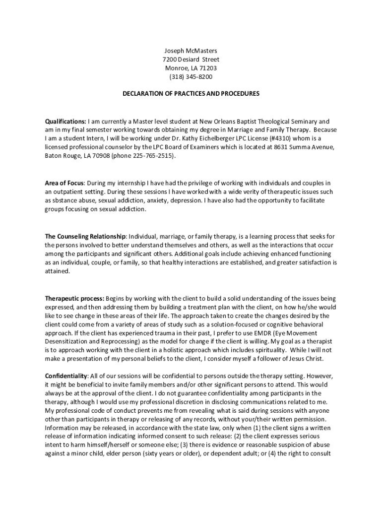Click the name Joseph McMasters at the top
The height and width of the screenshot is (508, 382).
coord(191,51)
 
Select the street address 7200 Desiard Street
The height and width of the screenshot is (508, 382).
coord(191,60)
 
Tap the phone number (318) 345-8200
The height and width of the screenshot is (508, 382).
coord(191,77)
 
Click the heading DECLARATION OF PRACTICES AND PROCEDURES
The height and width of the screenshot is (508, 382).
coord(191,93)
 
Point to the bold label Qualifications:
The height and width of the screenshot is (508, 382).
coord(65,121)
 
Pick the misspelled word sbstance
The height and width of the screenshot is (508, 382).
coord(65,200)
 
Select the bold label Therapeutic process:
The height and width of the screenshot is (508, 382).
coord(74,298)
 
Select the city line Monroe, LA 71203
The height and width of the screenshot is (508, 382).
coord(191,68)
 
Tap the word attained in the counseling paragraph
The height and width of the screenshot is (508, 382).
coord(57,271)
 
